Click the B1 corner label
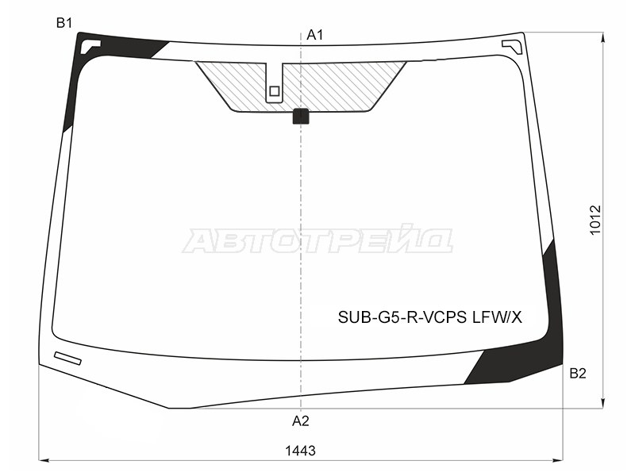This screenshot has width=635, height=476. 64,23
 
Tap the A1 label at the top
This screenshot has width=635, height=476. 314,35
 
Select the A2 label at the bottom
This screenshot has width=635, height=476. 301,421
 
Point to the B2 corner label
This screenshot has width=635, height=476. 578,373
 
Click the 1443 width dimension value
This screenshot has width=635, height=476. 300,451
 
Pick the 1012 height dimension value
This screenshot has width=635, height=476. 595,221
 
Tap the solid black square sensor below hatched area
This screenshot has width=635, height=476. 301,116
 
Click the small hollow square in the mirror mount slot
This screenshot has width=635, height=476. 274,91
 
